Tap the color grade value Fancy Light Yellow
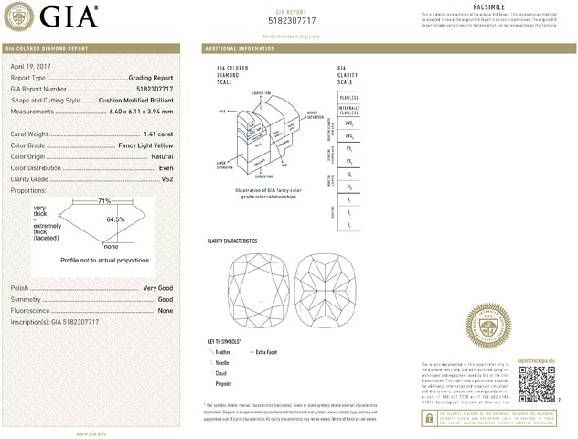[146, 145]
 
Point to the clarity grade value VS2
[167, 179]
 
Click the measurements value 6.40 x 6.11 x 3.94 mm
[138, 112]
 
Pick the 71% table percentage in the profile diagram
[104, 200]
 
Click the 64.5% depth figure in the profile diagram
[115, 219]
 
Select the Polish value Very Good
[158, 288]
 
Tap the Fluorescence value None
[166, 311]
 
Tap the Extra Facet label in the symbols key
[267, 352]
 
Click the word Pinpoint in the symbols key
[225, 385]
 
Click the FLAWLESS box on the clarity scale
[348, 96]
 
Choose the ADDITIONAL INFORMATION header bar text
[240, 48]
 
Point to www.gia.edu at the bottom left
[93, 433]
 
